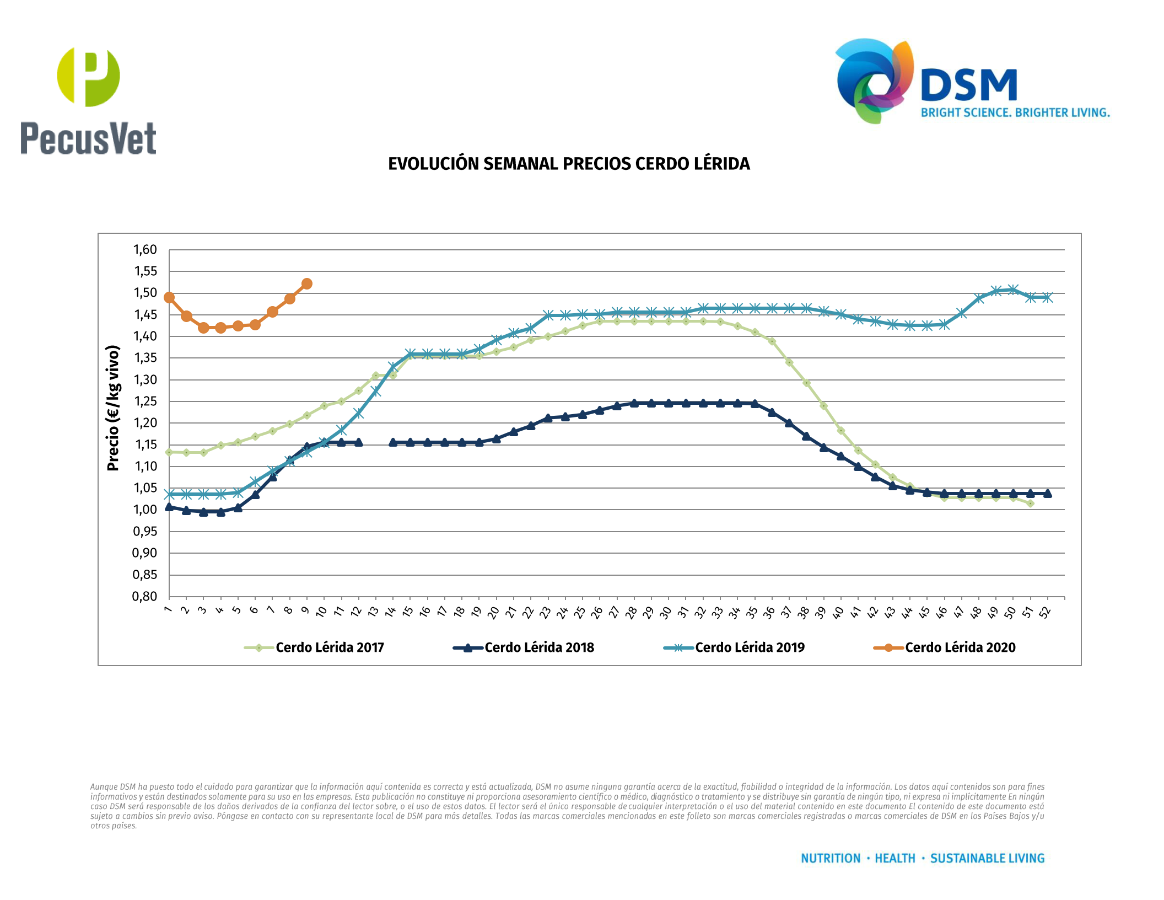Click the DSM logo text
968,85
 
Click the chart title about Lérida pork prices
569,164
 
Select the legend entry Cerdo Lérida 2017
329,647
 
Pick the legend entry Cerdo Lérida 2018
538,647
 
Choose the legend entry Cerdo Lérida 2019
749,647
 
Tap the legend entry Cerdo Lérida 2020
960,647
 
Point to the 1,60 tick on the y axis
145,250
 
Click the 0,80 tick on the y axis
145,596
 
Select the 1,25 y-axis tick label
145,401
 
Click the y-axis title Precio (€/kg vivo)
113,408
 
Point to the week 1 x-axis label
168,609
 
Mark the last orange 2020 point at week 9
307,283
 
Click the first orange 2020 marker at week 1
169,297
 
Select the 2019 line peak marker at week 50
1013,290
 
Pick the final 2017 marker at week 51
1030,503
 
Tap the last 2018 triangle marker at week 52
1047,494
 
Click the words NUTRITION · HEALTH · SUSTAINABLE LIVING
923,858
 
